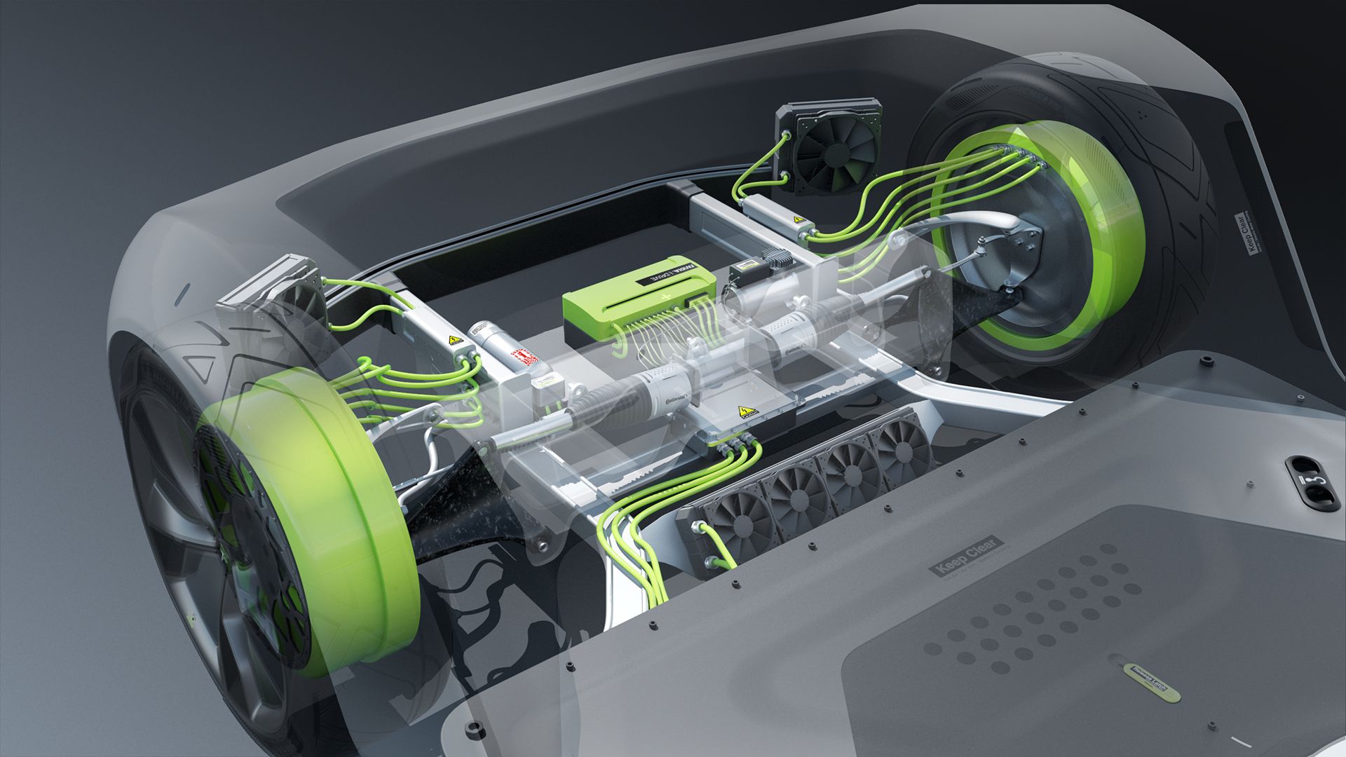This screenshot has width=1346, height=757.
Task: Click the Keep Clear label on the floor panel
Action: pyautogui.click(x=965, y=557)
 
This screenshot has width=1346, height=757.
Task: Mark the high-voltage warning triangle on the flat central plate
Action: pyautogui.click(x=742, y=411)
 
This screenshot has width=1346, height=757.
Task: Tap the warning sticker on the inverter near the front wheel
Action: pyautogui.click(x=454, y=341)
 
